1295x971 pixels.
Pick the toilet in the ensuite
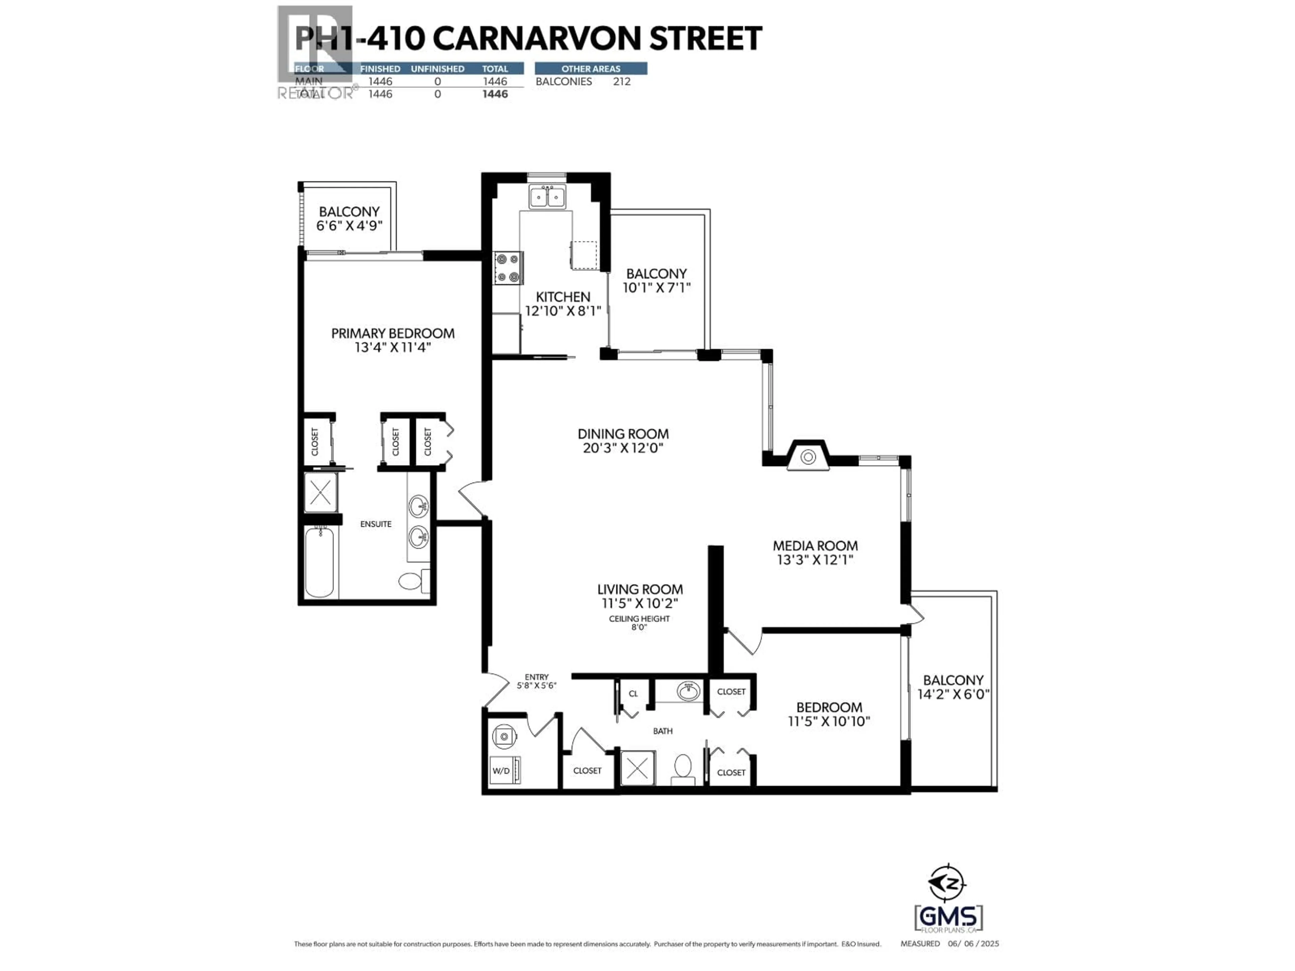click(411, 581)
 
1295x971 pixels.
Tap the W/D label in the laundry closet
click(501, 771)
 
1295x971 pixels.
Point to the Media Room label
click(815, 546)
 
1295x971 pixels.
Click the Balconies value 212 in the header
click(622, 81)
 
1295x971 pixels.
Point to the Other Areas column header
click(591, 68)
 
